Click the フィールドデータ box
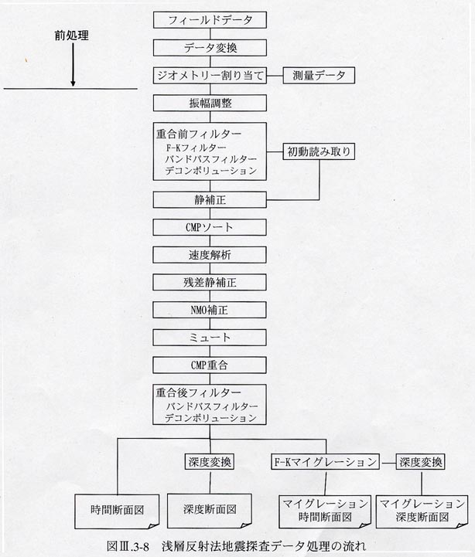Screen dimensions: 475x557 (210, 20)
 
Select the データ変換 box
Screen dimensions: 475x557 (210, 48)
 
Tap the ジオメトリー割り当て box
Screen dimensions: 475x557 (210, 75)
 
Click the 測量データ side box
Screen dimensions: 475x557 (319, 75)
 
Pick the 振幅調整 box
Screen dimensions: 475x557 (210, 103)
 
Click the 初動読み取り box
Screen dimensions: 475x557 (319, 151)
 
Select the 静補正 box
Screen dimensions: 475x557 (210, 199)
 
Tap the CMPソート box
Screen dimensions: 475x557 (210, 227)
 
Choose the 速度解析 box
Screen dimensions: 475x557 (210, 255)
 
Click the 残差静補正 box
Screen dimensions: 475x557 (210, 283)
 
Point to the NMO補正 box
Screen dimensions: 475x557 (210, 310)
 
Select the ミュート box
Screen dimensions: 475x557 (210, 338)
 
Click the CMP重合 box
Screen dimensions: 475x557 (210, 365)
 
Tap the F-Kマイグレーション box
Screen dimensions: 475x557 (325, 462)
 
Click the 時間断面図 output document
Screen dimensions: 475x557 (117, 511)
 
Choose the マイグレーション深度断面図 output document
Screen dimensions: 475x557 (422, 511)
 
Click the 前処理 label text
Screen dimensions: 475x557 (71, 36)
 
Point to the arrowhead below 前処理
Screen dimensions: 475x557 (73, 83)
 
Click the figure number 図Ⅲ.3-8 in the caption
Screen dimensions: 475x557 (128, 546)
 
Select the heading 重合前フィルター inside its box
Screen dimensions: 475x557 (199, 134)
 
